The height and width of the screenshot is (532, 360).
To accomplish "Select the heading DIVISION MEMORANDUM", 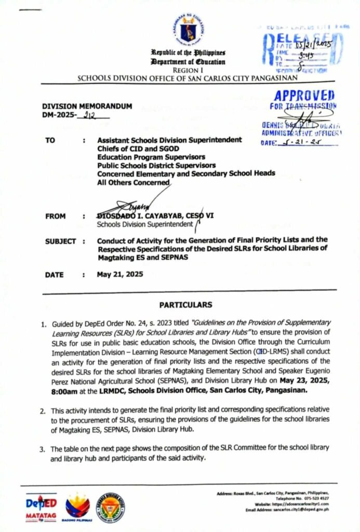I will click(87, 106).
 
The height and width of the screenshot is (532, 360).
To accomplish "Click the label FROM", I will click(55, 216).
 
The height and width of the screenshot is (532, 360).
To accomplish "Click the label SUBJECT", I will click(61, 241).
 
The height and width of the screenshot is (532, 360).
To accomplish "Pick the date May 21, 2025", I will click(120, 275).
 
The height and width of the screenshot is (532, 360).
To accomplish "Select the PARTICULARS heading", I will click(185, 304).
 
